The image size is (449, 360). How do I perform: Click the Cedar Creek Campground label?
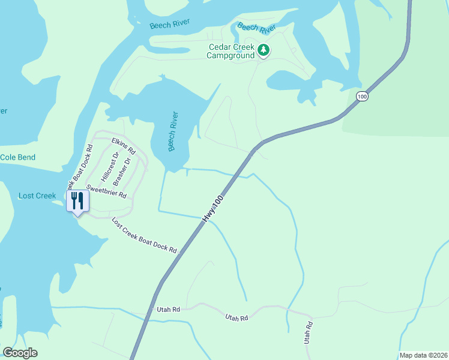[232, 51]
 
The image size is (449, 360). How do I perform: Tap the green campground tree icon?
[264, 50]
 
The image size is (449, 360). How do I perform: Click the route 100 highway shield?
[361, 96]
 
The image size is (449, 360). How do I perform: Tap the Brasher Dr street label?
[122, 172]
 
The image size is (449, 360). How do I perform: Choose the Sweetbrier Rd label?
[106, 191]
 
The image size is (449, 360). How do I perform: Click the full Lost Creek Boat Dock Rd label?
[145, 235]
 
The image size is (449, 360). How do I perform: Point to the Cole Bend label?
[17, 157]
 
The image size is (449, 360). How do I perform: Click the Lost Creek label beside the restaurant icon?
[37, 196]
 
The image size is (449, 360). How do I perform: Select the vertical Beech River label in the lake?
[174, 131]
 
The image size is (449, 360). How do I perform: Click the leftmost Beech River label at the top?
[170, 23]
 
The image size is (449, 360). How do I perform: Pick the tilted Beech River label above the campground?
[256, 28]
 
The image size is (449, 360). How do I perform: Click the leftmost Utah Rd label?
[168, 309]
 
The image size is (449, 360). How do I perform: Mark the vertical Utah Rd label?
[309, 332]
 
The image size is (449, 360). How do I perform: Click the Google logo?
[20, 353]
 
